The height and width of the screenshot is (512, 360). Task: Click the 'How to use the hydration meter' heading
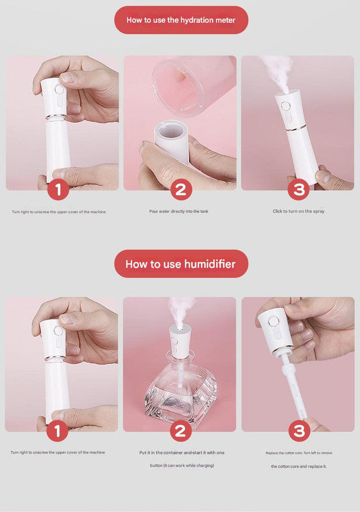pos(181,20)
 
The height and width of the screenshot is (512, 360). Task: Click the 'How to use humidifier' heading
pos(181,264)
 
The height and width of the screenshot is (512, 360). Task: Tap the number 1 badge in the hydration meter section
pos(59,189)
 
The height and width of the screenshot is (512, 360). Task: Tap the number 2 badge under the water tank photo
pos(180,189)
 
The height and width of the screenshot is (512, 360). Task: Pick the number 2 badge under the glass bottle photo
pos(180,431)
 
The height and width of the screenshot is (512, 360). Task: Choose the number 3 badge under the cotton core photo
pos(300,431)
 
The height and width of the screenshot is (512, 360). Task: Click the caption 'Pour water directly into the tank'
pos(179,211)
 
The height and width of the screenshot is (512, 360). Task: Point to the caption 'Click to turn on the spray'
pos(298,211)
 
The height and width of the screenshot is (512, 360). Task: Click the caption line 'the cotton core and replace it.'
pos(298,466)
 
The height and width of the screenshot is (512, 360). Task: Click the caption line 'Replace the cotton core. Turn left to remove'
pos(298,452)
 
